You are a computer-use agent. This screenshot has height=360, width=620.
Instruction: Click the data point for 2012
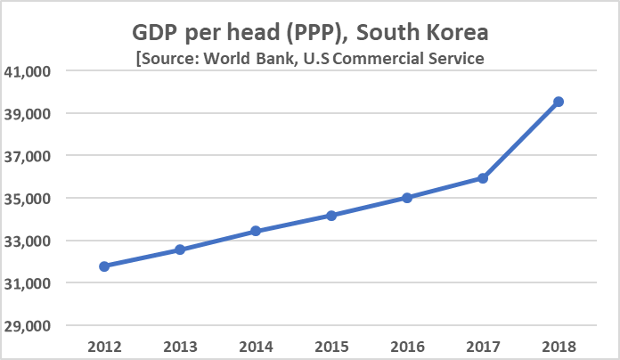104,266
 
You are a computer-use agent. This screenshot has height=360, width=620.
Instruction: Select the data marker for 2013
180,250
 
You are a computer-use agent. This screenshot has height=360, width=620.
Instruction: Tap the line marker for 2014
256,231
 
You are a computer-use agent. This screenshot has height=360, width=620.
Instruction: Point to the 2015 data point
331,215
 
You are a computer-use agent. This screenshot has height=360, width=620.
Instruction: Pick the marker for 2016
407,198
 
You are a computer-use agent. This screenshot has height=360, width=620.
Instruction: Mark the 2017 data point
483,178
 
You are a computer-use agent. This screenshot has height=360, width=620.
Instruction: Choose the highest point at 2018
559,102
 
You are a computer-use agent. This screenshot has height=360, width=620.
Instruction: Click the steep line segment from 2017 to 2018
521,140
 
